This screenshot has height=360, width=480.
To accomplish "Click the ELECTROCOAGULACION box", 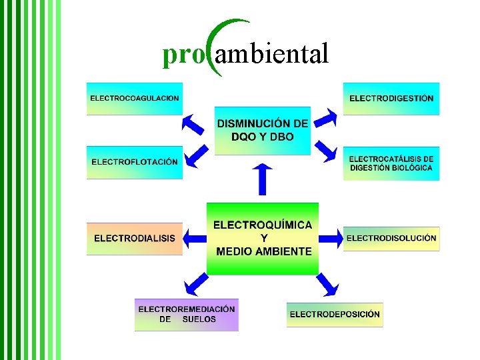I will point(134,98).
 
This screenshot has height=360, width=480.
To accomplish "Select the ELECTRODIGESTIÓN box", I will point(391,98).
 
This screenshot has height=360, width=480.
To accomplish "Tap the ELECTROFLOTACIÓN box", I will point(134,162).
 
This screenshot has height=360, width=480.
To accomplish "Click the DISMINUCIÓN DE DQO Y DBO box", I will point(262,131).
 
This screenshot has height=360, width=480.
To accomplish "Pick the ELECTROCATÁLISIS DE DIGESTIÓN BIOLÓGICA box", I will point(391,163).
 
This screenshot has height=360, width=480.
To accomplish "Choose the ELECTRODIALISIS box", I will point(134,238).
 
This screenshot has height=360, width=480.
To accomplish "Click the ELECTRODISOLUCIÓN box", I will point(391,238).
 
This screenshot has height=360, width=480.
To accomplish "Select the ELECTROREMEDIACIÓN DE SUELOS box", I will point(187,314).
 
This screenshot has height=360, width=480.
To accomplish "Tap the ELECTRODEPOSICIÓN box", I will point(335,314).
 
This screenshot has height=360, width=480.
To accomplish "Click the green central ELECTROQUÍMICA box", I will point(262,238).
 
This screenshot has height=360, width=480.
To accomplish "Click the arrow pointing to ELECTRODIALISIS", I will point(195,238).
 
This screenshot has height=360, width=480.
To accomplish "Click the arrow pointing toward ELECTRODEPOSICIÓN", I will point(327,285).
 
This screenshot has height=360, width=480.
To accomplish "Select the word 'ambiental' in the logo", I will point(272,55).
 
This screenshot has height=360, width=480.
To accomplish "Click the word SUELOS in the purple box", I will point(199,319).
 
